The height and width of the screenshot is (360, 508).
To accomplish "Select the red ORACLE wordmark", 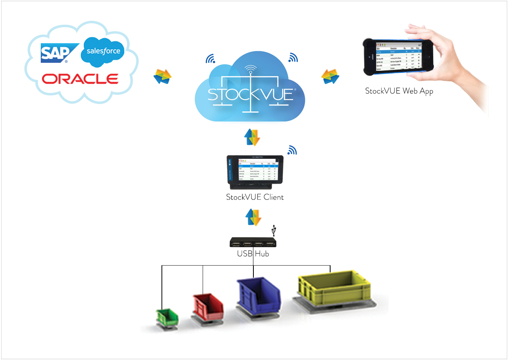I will click(80, 78).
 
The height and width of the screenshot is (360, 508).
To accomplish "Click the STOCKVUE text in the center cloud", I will click(251, 94).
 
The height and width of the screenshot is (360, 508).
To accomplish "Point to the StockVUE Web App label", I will click(399, 91).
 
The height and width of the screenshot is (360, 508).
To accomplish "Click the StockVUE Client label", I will click(255, 197).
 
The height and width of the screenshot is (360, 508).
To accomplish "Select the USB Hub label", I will click(253, 253).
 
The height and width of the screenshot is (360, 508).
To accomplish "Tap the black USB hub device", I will click(253, 242).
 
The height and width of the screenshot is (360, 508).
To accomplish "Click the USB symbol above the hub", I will click(274, 230).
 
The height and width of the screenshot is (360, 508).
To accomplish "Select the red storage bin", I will click(208, 306).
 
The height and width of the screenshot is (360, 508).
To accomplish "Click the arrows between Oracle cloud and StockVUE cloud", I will click(162, 76).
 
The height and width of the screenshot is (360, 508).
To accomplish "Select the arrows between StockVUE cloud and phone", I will click(330, 76).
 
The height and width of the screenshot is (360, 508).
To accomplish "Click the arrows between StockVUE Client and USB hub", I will click(253, 217).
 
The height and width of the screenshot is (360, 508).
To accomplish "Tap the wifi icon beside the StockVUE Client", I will click(293, 150).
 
